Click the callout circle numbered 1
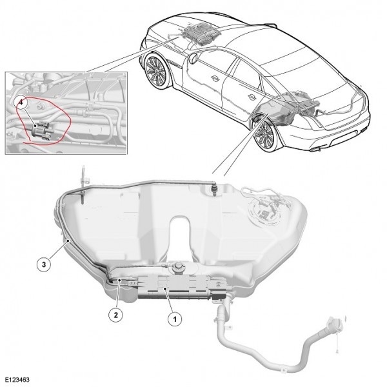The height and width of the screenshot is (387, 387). [175, 319]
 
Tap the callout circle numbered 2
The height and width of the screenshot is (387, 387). [115, 315]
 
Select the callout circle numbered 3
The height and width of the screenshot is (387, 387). [44, 264]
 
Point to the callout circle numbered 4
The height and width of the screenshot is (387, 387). [21, 103]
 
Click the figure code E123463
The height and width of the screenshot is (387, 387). [17, 379]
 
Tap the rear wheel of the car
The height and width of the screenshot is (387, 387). [264, 135]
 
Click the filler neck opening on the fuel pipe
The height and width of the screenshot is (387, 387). [334, 324]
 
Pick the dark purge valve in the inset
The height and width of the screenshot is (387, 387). [40, 129]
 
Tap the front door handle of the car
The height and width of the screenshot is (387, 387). [214, 78]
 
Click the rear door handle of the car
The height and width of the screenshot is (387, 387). [252, 95]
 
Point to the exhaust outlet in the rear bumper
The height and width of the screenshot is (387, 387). [315, 150]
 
